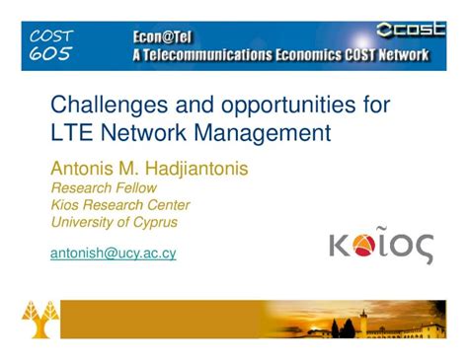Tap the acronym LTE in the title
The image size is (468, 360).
coord(71,132)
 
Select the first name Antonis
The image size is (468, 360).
coord(85,169)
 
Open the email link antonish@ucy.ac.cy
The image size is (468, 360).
coord(113,252)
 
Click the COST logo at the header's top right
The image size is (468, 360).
coord(411,30)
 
